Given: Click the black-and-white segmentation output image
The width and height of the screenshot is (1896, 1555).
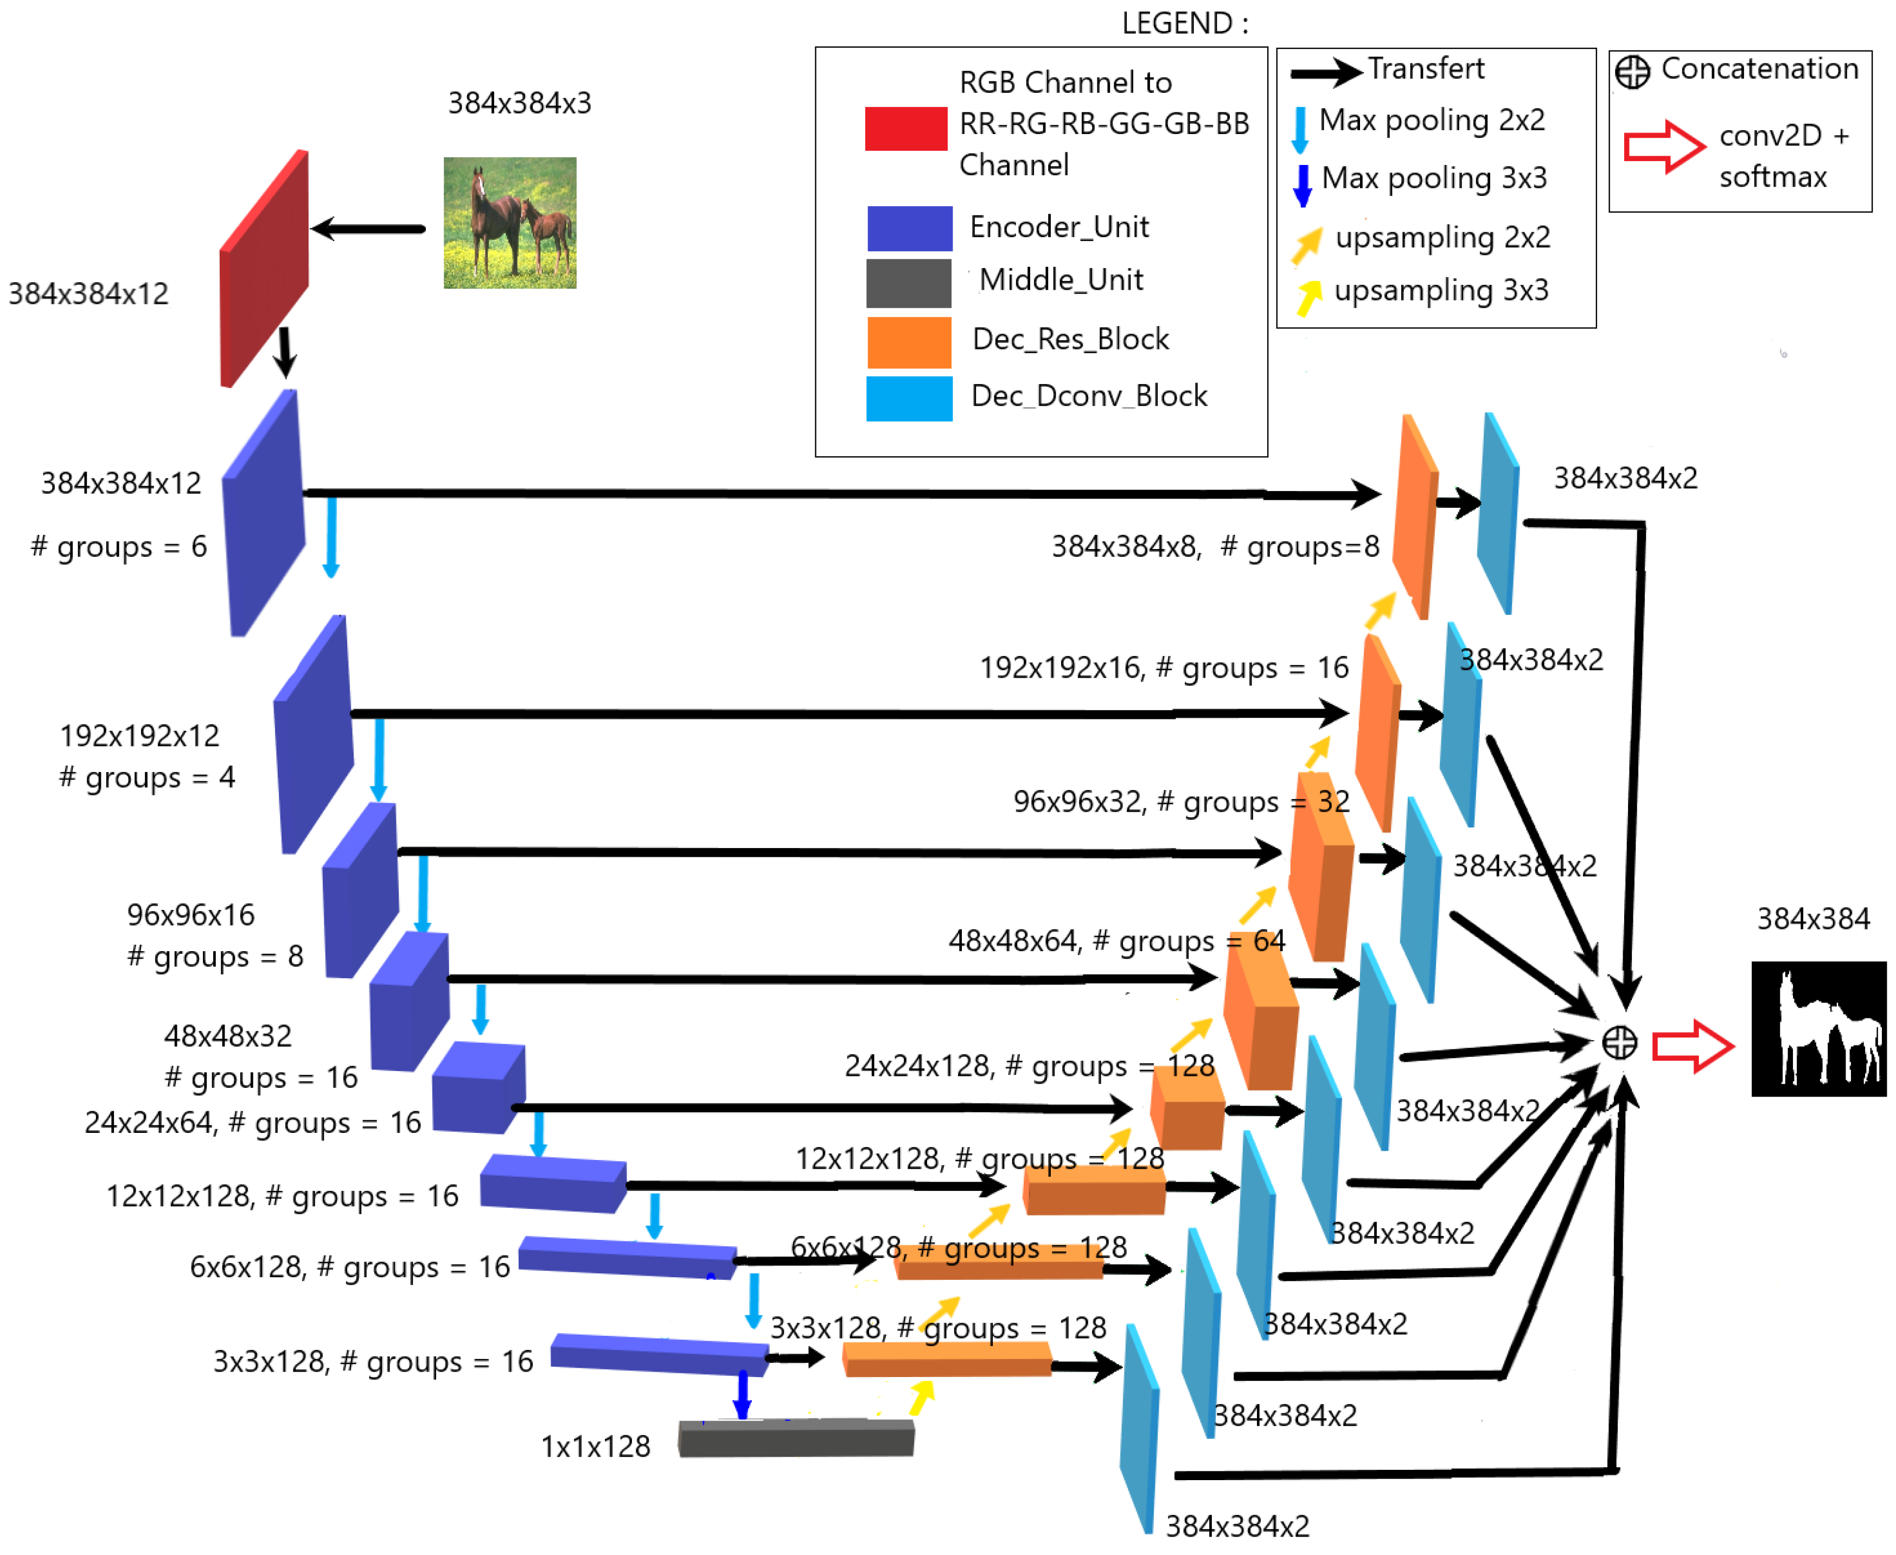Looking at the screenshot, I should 1817,1028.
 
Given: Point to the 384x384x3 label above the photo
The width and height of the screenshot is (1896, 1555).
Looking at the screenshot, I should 520,103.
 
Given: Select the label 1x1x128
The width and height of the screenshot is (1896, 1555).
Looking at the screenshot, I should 596,1446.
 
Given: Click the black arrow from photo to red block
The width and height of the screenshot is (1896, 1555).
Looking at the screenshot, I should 369,228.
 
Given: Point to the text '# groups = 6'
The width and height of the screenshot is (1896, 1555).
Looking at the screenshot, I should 119,546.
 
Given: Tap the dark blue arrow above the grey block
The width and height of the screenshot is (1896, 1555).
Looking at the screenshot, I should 742,1393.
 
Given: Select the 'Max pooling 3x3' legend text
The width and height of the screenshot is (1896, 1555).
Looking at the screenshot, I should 1433,179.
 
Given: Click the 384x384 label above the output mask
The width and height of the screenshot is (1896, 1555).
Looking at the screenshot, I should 1812,918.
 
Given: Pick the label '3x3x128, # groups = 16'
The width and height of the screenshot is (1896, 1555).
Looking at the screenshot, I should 373,1361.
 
